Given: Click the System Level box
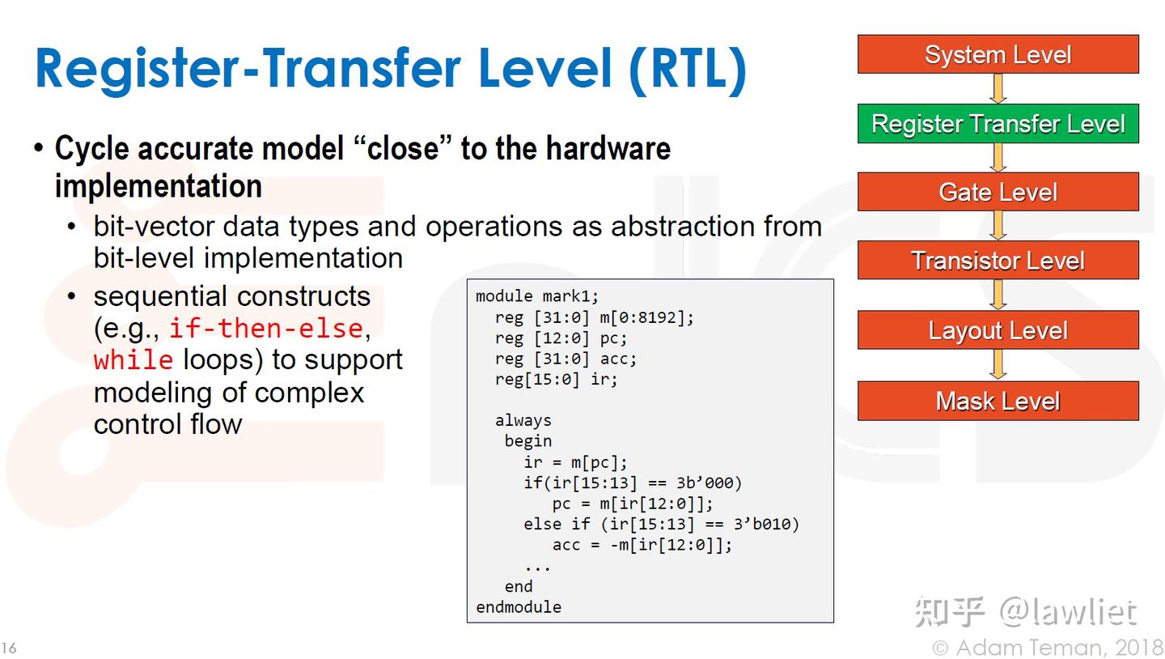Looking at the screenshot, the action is (998, 54).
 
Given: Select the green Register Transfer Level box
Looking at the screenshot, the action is (998, 123).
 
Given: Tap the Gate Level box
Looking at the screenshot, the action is (998, 192).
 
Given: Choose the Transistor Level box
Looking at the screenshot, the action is (998, 260).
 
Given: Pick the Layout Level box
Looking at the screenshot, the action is (998, 329).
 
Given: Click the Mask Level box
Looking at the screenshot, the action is (998, 400).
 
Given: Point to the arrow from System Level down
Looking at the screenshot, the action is (998, 88).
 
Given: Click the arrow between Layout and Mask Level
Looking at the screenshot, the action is (998, 364).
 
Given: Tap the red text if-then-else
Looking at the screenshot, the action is (266, 328).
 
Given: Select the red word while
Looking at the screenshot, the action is (133, 359).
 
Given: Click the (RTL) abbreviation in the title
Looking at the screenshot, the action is (688, 69).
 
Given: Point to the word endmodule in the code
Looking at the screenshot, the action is (519, 607).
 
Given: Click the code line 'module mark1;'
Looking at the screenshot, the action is (537, 296).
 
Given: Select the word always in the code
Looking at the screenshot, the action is (523, 420).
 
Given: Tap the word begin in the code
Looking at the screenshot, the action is (527, 441).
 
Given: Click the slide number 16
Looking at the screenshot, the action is (9, 648).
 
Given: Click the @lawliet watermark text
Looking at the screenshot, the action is (1068, 611).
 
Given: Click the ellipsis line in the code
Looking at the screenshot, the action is (537, 568).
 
